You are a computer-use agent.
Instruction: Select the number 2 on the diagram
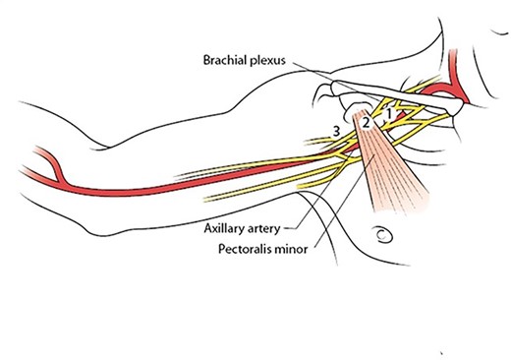point(365,124)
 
